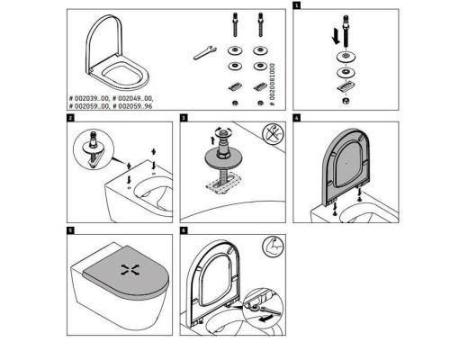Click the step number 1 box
click(x=298, y=5)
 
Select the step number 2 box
click(x=71, y=118)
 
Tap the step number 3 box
click(x=184, y=118)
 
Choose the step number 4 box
click(x=298, y=118)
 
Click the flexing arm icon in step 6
click(x=266, y=247)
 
